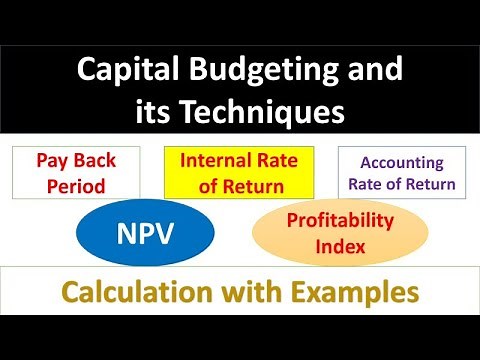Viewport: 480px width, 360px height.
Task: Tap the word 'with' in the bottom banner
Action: [255, 292]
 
